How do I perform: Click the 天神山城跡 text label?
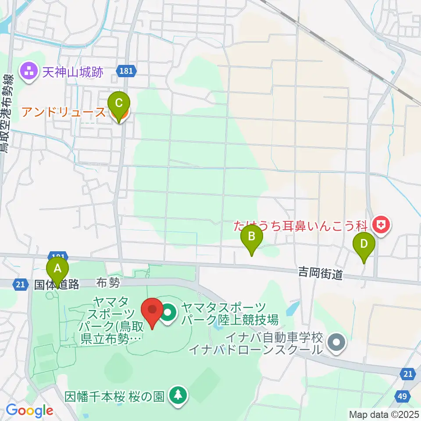(73, 71)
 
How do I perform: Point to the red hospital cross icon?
(381, 226)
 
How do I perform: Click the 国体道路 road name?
(57, 285)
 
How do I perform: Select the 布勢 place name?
(108, 284)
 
